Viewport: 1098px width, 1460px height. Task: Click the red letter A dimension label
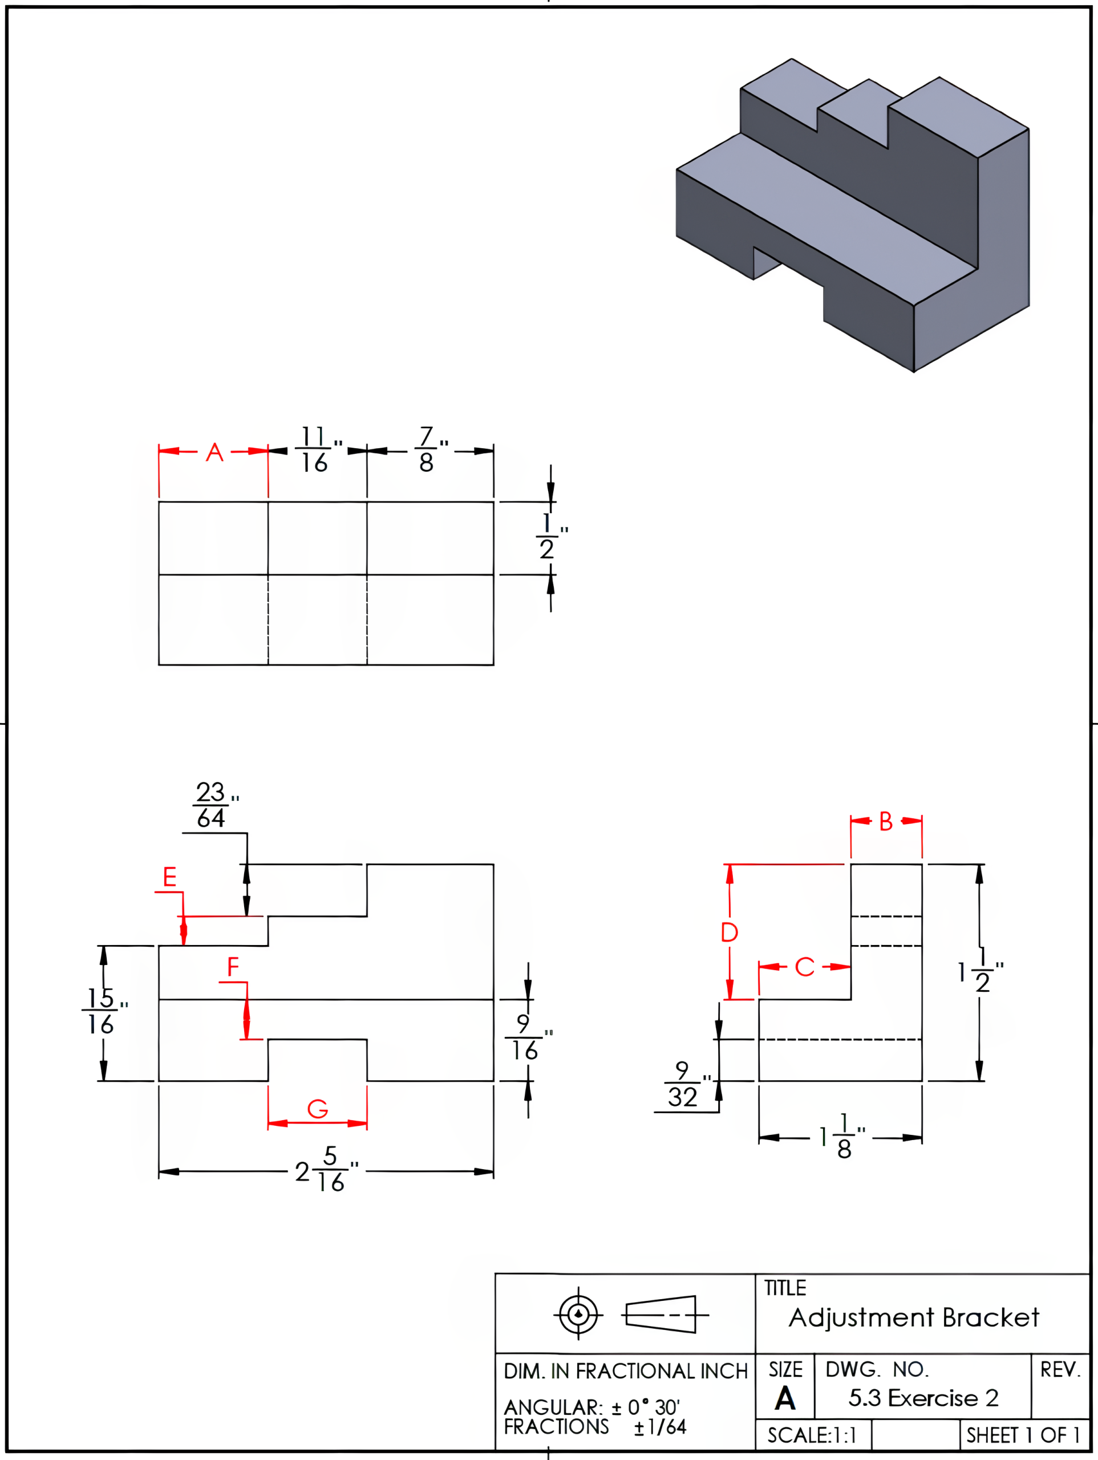[x=214, y=453]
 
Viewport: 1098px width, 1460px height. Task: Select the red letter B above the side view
[x=885, y=822]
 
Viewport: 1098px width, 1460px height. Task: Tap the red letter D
[x=729, y=932]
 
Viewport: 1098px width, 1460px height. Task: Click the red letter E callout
[x=169, y=877]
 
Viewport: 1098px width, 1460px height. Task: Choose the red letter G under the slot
[x=318, y=1109]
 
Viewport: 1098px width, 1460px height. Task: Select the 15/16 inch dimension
[x=101, y=1011]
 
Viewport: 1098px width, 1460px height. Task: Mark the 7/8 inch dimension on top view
[x=428, y=450]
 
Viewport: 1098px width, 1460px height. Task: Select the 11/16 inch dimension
[x=315, y=450]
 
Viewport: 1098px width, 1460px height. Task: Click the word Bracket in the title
[x=990, y=1317]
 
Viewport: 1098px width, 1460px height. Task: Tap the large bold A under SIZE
[x=784, y=1398]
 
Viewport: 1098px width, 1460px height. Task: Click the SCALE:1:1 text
[x=812, y=1435]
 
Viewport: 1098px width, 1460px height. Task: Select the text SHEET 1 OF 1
[x=1023, y=1435]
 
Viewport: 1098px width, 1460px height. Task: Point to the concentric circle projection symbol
[x=578, y=1314]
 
